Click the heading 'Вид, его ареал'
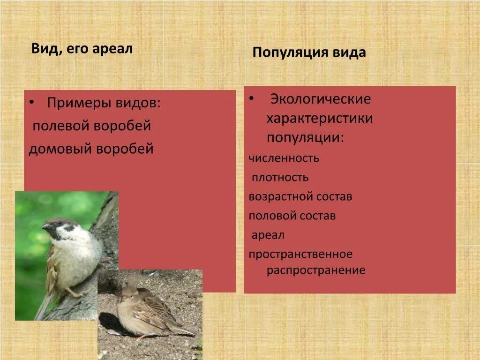(82, 49)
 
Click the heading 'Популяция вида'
(309, 52)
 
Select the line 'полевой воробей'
(92, 126)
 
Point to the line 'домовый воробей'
(91, 149)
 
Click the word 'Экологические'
(321, 99)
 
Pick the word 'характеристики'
(320, 119)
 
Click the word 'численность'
(284, 158)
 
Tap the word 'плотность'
(280, 177)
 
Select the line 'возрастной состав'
(300, 196)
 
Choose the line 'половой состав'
(292, 216)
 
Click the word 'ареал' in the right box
(268, 235)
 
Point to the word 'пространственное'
(300, 255)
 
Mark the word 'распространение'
(316, 270)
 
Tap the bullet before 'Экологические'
(252, 98)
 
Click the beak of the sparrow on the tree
(45, 227)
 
